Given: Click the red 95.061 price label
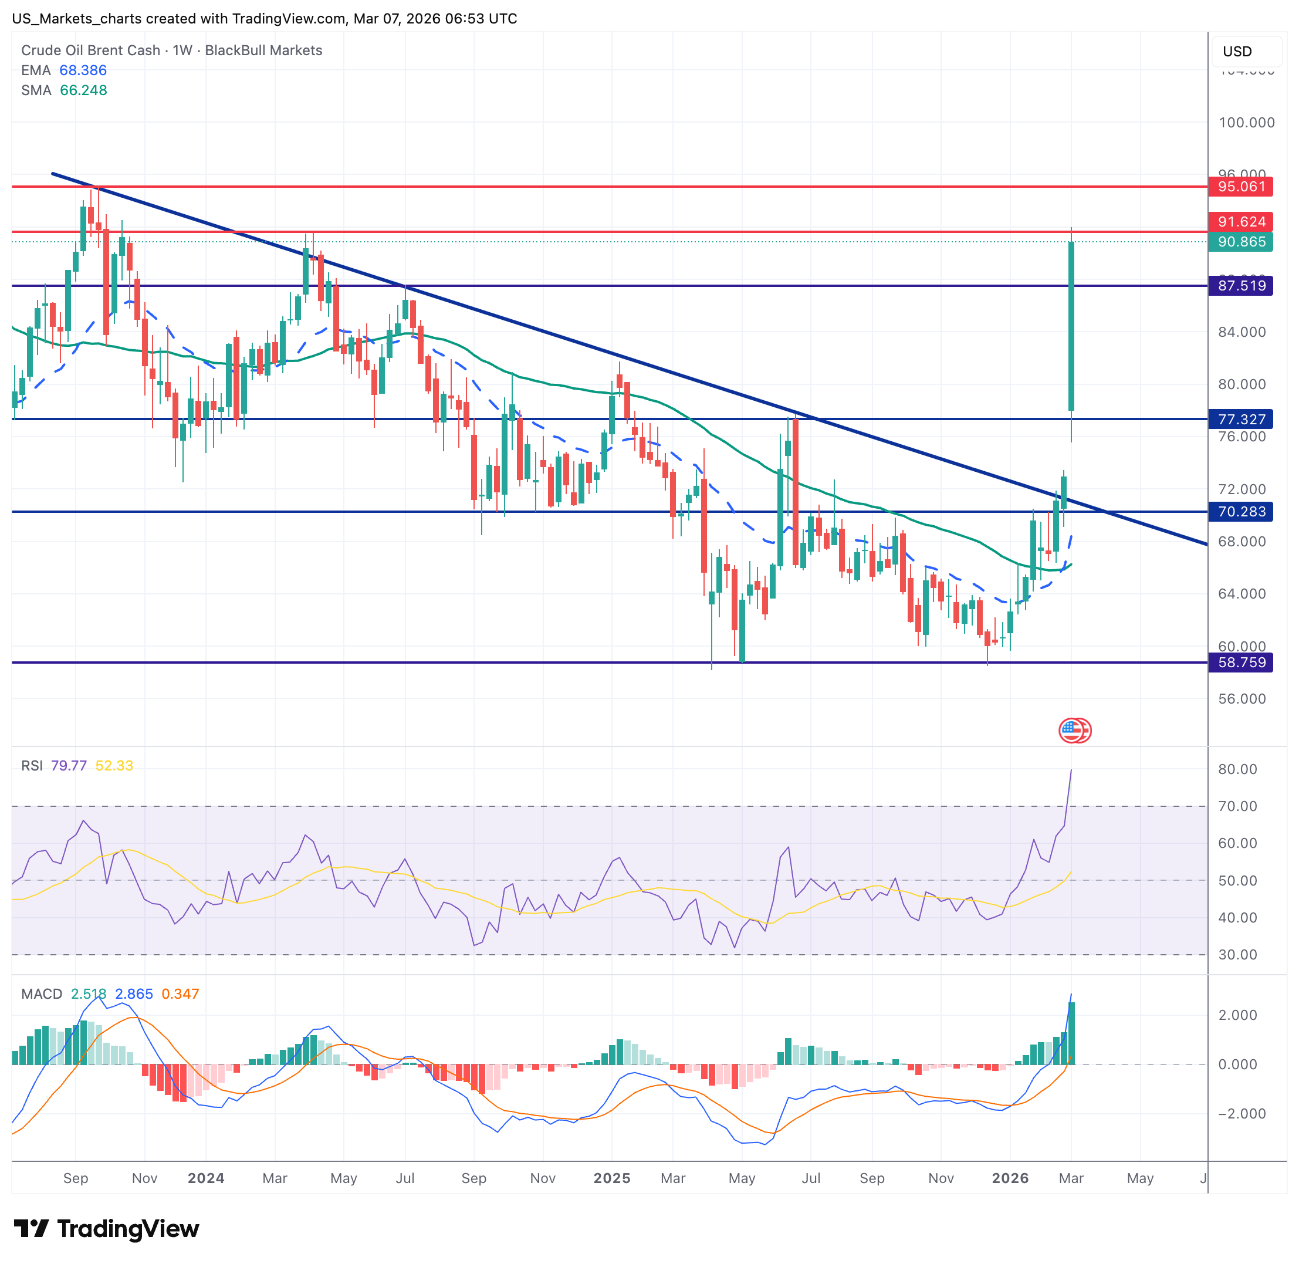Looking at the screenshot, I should (x=1240, y=187).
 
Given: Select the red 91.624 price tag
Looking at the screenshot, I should (x=1240, y=222).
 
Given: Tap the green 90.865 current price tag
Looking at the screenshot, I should (x=1240, y=242).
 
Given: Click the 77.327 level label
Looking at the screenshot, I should (x=1240, y=419).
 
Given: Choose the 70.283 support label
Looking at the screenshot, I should (x=1240, y=512).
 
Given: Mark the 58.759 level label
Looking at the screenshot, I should (x=1240, y=663).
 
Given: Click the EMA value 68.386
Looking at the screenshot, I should (x=83, y=70).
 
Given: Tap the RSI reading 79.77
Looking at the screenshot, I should (x=69, y=765).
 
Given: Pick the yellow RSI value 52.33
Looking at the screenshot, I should (x=114, y=765).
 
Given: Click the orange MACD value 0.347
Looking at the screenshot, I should (x=180, y=994).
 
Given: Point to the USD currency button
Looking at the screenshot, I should (x=1237, y=52).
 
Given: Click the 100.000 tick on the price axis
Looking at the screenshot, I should (x=1246, y=123).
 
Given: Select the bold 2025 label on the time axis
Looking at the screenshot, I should (x=611, y=1178).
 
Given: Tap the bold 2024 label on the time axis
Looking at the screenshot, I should (x=206, y=1178).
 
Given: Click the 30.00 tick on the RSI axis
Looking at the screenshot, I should (x=1237, y=955).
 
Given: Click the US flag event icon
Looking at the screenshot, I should (x=1070, y=730).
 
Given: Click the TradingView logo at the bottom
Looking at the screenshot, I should (x=106, y=1229).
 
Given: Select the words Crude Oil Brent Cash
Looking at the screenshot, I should (x=90, y=50).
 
